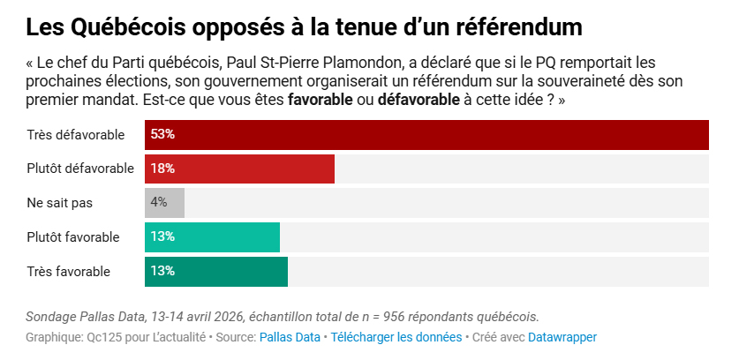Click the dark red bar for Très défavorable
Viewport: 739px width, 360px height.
coord(427,135)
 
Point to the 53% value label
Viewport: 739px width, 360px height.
coord(162,135)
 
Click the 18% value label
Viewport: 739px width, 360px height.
coord(162,169)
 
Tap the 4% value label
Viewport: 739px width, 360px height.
coord(159,202)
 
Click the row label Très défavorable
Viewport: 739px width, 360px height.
coord(75,135)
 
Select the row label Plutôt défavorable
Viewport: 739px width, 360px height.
coord(79,169)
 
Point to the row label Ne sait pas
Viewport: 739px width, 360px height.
coord(59,202)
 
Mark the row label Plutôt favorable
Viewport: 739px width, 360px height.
coord(73,236)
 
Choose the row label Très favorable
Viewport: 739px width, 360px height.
coord(68,271)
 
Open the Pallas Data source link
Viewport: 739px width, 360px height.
coord(290,337)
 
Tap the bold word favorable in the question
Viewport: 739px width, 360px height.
coord(317,100)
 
